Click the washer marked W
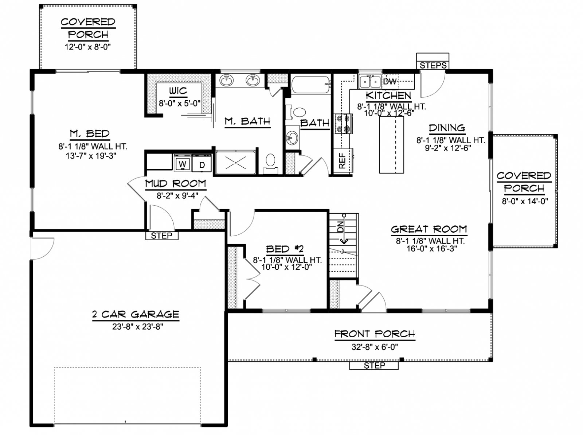pyautogui.click(x=182, y=163)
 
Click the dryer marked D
pyautogui.click(x=202, y=163)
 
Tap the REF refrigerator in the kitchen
pyautogui.click(x=343, y=161)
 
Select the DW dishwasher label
pyautogui.click(x=390, y=82)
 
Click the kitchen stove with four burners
pyautogui.click(x=344, y=124)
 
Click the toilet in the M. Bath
pyautogui.click(x=270, y=163)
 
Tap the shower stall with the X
pyautogui.click(x=236, y=162)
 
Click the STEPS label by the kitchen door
pyautogui.click(x=433, y=65)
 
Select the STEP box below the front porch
pyautogui.click(x=374, y=366)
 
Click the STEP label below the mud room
pyautogui.click(x=161, y=236)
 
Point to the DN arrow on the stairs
pyautogui.click(x=344, y=229)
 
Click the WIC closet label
pyautogui.click(x=178, y=91)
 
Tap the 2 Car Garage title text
pyautogui.click(x=136, y=314)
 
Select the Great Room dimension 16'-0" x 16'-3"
pyautogui.click(x=432, y=249)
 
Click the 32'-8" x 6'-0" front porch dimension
pyautogui.click(x=375, y=347)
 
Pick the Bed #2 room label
pyautogui.click(x=285, y=249)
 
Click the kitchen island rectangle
pyautogui.click(x=391, y=145)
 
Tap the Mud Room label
pyautogui.click(x=176, y=183)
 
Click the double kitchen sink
pyautogui.click(x=370, y=81)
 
